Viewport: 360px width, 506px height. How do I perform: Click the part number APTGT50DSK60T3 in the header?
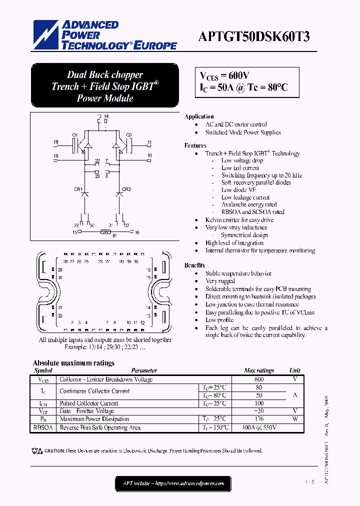(x=254, y=37)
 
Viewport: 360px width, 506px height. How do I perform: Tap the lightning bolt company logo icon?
(x=45, y=34)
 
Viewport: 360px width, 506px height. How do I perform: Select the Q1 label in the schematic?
(x=74, y=135)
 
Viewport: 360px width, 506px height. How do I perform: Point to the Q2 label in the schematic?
(x=129, y=135)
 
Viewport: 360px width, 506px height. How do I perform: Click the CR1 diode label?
(x=78, y=189)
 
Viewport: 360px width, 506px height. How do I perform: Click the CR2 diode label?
(x=127, y=189)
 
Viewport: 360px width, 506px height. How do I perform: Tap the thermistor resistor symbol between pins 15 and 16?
(x=105, y=232)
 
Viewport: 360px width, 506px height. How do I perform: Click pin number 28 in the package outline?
(x=65, y=261)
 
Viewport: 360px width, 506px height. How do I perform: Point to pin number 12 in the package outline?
(x=142, y=322)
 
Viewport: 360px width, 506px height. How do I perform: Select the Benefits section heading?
(x=194, y=265)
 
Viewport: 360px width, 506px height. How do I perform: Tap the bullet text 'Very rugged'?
(x=220, y=281)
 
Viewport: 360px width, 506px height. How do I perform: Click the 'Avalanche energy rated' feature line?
(x=249, y=204)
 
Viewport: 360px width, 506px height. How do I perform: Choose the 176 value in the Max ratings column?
(x=259, y=419)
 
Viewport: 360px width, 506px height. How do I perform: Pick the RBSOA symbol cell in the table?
(x=43, y=427)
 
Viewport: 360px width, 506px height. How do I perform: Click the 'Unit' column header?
(x=295, y=370)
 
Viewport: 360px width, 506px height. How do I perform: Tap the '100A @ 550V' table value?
(x=259, y=427)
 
